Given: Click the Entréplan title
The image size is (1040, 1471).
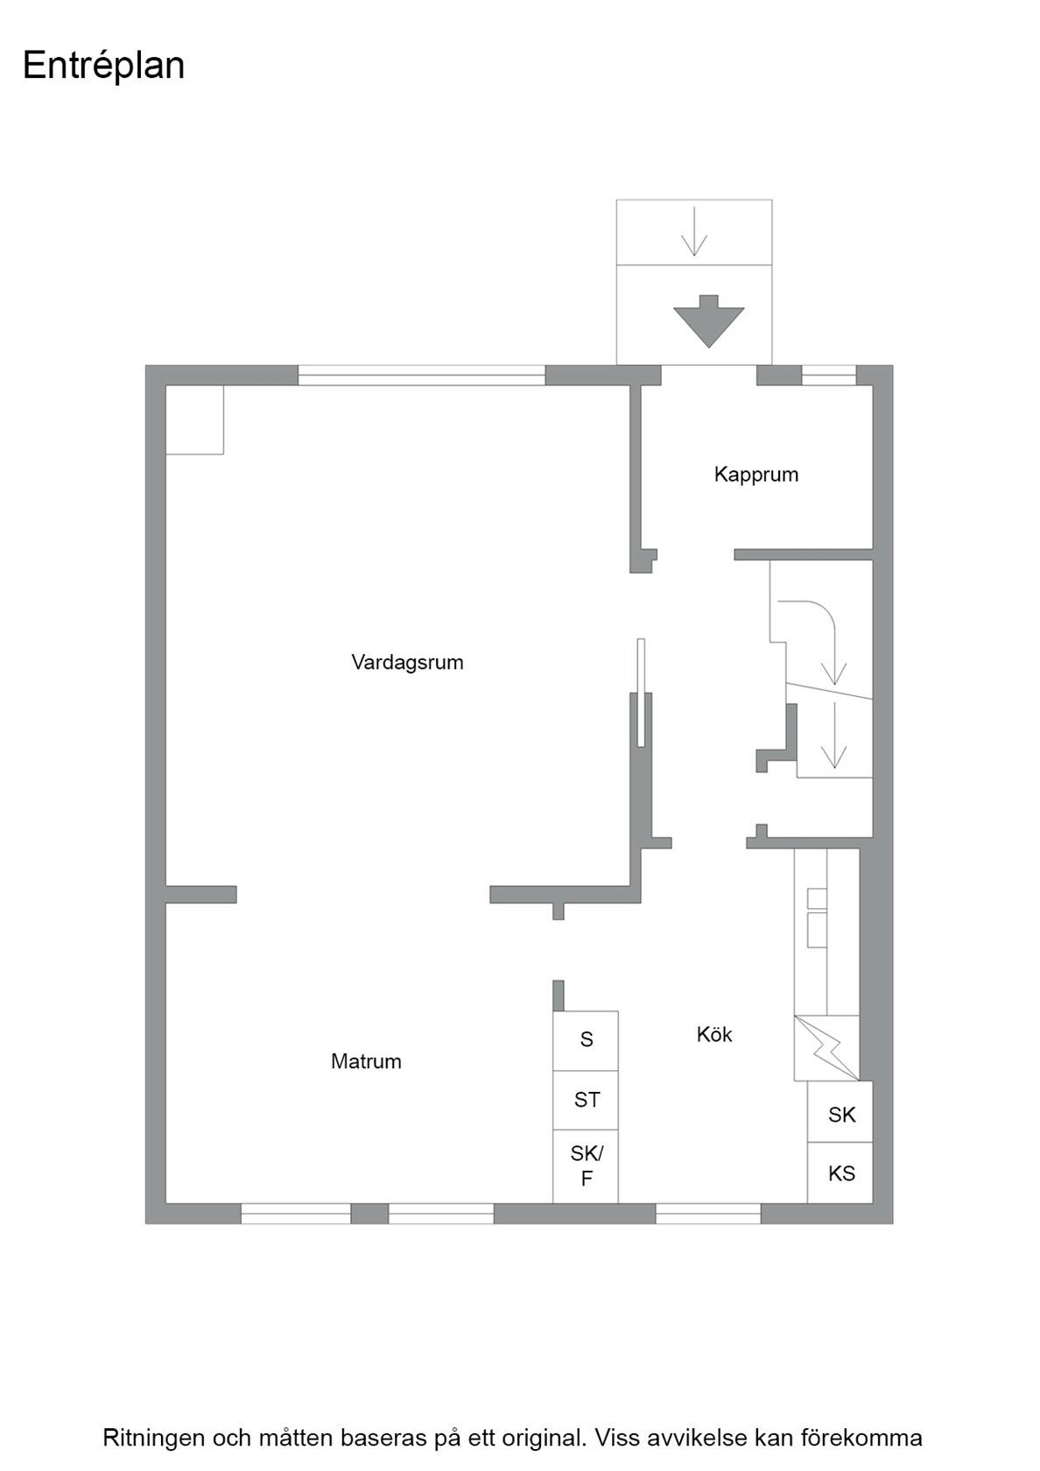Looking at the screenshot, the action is (x=103, y=67).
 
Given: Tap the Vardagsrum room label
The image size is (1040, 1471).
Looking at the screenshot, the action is (x=407, y=663).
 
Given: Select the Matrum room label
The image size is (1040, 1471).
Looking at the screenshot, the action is (x=366, y=1061).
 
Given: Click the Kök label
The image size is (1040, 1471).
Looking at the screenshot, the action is (x=713, y=1034).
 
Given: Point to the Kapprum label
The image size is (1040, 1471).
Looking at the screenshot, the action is (x=755, y=475).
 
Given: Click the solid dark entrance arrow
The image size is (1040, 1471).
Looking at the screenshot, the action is (x=708, y=321).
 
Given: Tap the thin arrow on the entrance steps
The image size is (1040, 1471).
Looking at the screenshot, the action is (x=694, y=232).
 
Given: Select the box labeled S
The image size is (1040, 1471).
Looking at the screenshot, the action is (x=586, y=1041).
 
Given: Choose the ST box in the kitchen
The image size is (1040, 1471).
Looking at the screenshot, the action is (x=586, y=1101).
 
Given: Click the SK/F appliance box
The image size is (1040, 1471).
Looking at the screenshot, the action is (x=586, y=1166).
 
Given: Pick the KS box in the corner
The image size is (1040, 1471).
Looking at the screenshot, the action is (x=840, y=1173).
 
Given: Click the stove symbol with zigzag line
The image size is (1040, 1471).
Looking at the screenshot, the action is (x=826, y=1048).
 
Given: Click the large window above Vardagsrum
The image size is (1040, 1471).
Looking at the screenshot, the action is (x=422, y=375).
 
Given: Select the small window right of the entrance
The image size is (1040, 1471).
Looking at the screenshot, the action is (x=828, y=375).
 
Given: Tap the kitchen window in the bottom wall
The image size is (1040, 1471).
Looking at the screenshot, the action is (x=708, y=1214).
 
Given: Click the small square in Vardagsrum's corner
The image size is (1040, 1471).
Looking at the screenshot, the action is (x=194, y=419).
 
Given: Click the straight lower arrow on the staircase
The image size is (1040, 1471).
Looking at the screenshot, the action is (x=833, y=735).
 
